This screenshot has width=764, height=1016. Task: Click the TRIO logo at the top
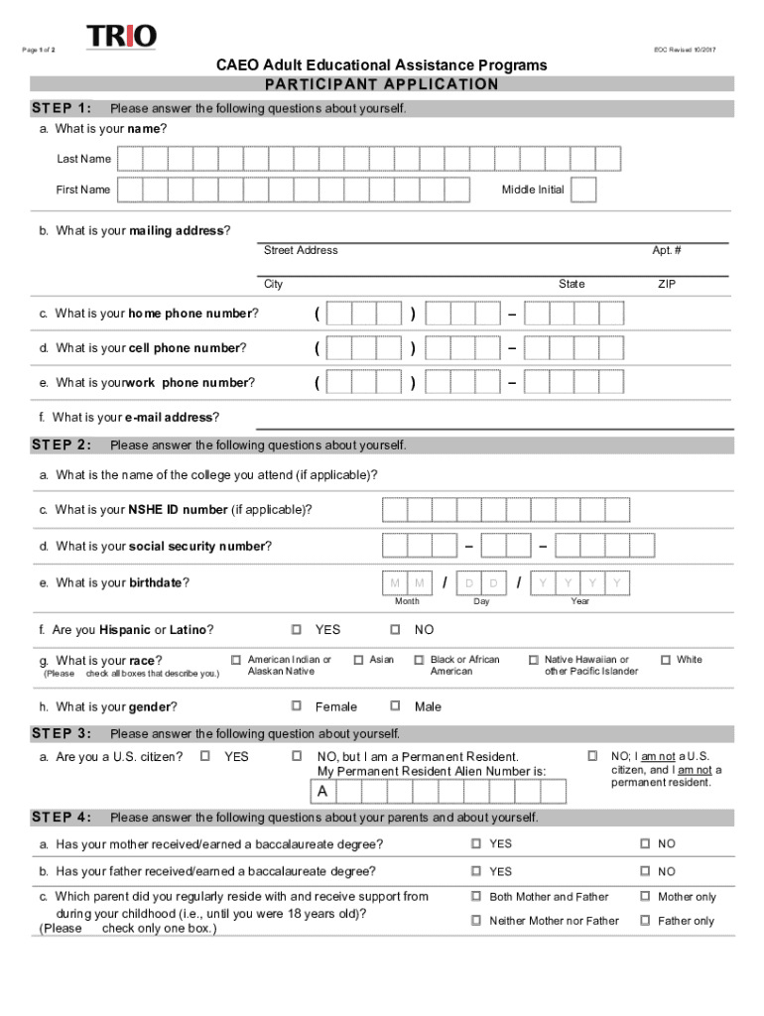[121, 38]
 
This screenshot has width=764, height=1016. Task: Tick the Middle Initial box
[583, 190]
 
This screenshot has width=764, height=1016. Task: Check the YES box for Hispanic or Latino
[297, 630]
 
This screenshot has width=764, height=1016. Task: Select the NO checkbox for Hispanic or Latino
[395, 630]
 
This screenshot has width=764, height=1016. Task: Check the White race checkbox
[665, 660]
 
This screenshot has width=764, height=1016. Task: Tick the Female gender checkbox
[297, 706]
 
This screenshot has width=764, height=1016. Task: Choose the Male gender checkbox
[395, 706]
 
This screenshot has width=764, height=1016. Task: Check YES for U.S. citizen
[205, 757]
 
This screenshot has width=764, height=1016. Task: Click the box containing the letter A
[322, 792]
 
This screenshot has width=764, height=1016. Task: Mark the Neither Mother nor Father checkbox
[476, 921]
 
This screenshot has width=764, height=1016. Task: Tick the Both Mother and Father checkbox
[476, 897]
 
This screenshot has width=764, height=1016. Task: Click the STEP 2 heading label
[62, 444]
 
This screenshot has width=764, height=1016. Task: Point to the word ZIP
[667, 284]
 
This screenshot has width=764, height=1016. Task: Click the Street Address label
[301, 250]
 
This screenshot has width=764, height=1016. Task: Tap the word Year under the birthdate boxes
[579, 601]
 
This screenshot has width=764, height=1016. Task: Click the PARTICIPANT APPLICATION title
[382, 84]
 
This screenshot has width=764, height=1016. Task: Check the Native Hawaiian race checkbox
[533, 660]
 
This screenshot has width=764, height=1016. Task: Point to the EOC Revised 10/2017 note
[685, 50]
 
